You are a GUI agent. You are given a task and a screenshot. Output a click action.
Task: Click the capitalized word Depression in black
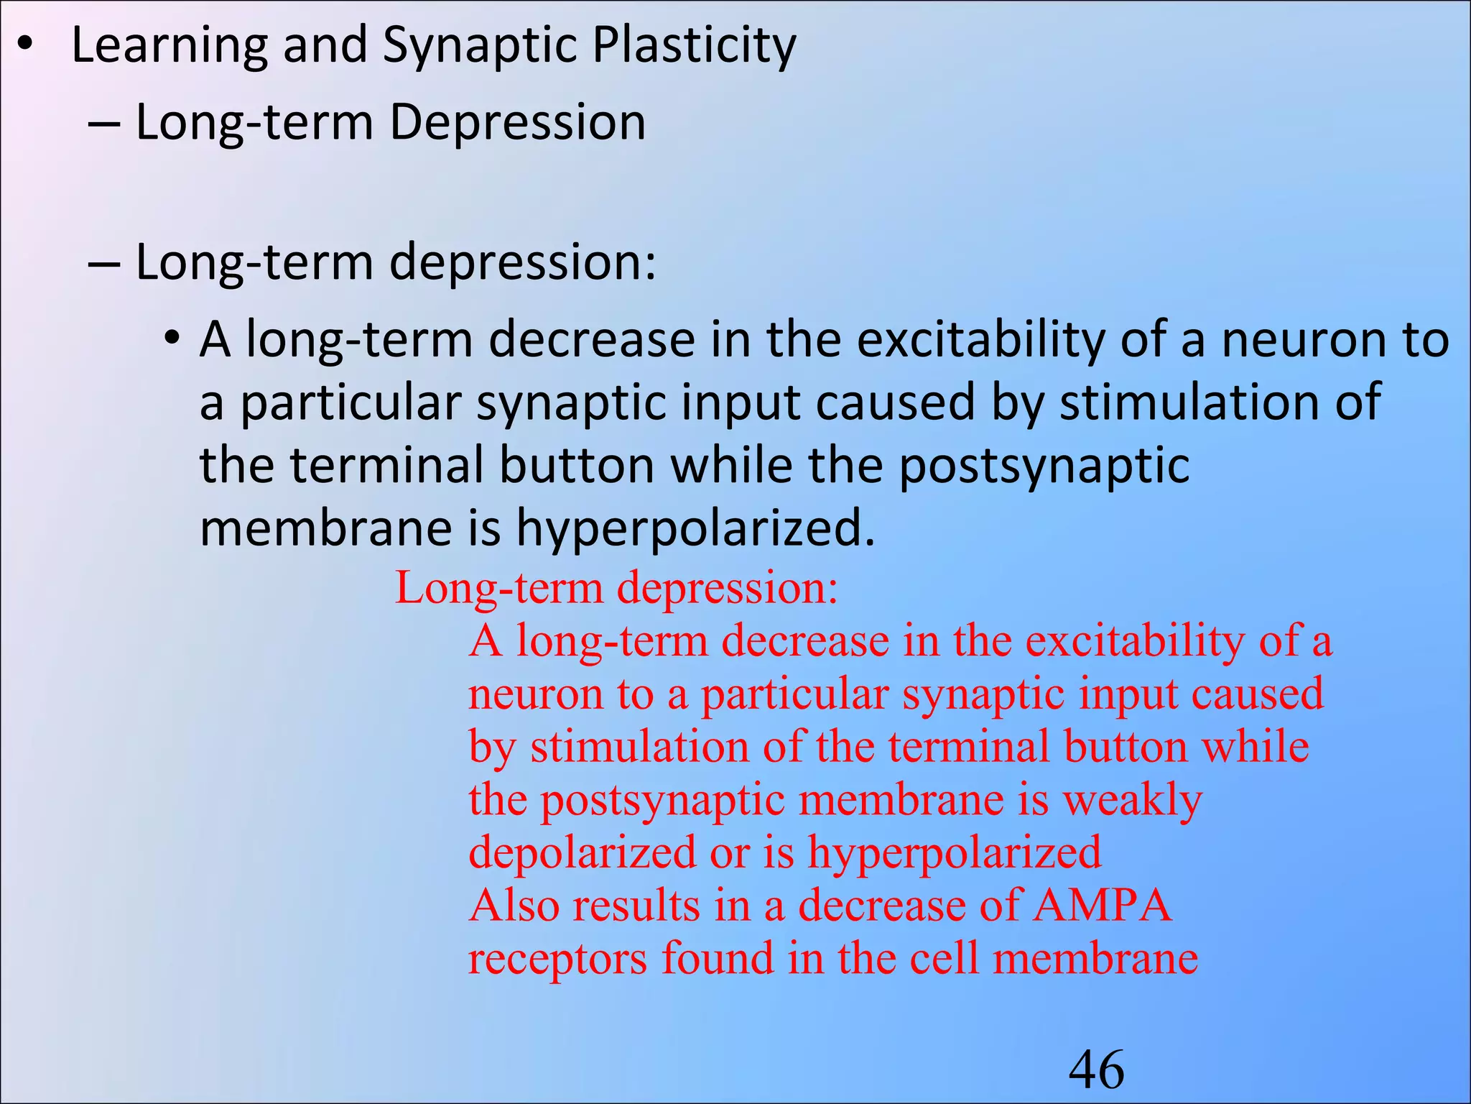point(517,122)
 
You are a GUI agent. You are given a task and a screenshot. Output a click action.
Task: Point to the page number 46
point(1097,1070)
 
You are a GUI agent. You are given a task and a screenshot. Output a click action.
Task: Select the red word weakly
point(1133,800)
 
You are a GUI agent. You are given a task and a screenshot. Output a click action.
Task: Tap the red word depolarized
point(583,853)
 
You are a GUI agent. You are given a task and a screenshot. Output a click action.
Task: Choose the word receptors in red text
point(557,959)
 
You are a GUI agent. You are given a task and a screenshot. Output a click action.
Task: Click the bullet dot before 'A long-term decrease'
point(170,337)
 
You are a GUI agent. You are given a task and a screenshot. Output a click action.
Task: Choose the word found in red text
point(718,959)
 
